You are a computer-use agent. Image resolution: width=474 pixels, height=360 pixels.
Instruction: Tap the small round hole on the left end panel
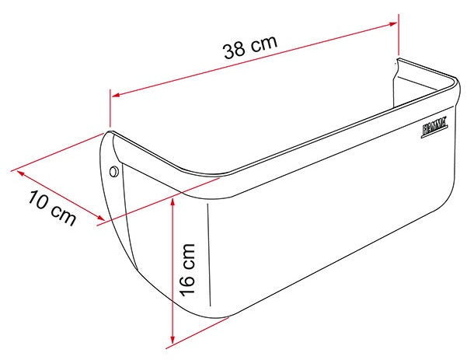[114, 170]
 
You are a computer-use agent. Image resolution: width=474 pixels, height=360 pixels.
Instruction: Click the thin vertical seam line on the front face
[210, 257]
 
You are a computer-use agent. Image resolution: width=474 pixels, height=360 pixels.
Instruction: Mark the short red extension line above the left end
[110, 109]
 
